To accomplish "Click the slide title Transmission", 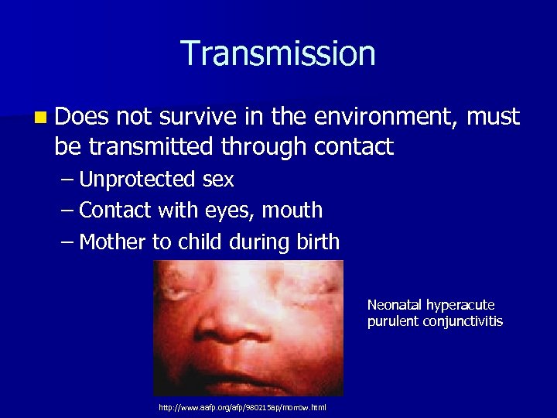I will (x=278, y=54).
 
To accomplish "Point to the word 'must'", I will (x=494, y=118).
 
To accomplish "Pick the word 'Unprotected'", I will (x=137, y=180).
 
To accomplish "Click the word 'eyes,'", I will (x=229, y=211).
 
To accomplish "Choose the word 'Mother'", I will (x=114, y=242).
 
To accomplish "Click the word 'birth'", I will (x=316, y=242).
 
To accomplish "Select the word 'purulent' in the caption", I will (x=393, y=321).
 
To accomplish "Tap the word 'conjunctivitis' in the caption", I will (x=463, y=321).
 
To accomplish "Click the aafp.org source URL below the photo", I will (x=242, y=408).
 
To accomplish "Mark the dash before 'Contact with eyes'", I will (x=68, y=211).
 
